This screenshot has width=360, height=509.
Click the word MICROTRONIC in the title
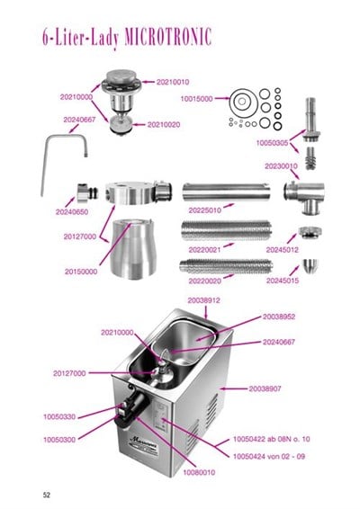pos(168,36)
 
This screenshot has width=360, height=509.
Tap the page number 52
pos(47,495)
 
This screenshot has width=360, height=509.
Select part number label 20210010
pos(173,82)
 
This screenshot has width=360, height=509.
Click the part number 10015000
pos(196,99)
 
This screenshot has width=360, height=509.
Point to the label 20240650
pos(72,212)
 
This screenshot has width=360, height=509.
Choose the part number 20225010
pos(204,210)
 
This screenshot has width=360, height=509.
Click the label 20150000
pos(81,272)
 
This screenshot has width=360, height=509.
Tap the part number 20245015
pos(283,281)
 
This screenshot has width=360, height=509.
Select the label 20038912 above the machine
pos(203,300)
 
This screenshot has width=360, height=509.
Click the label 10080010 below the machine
pos(199,472)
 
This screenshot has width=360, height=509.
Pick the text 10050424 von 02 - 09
pos(269,457)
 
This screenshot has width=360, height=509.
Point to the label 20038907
pos(265,388)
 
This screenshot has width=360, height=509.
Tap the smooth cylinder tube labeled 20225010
pos(226,192)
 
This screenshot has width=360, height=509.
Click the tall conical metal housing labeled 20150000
pos(133,249)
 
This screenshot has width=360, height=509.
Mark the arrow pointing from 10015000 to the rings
pos(222,98)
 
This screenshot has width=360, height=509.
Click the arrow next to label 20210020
pos(139,124)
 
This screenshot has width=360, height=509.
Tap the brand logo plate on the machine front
pos(144,446)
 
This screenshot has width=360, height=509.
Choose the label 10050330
pos(59,416)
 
